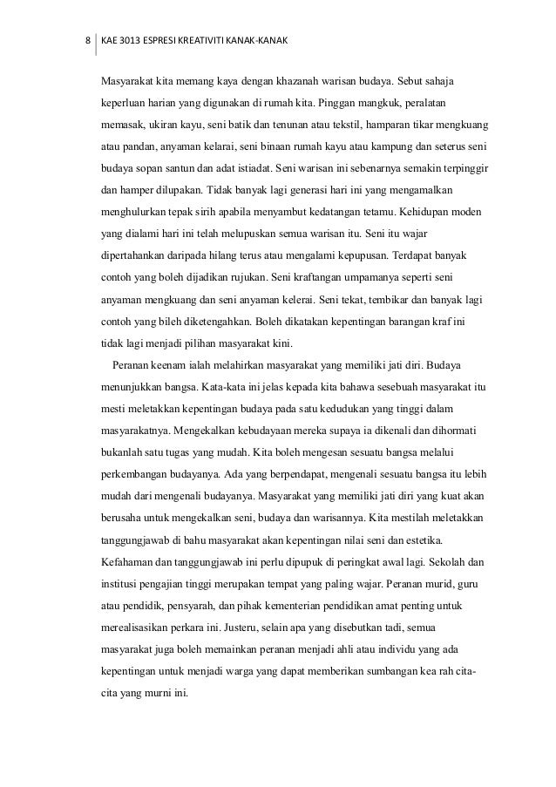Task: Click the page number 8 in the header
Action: click(x=86, y=41)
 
